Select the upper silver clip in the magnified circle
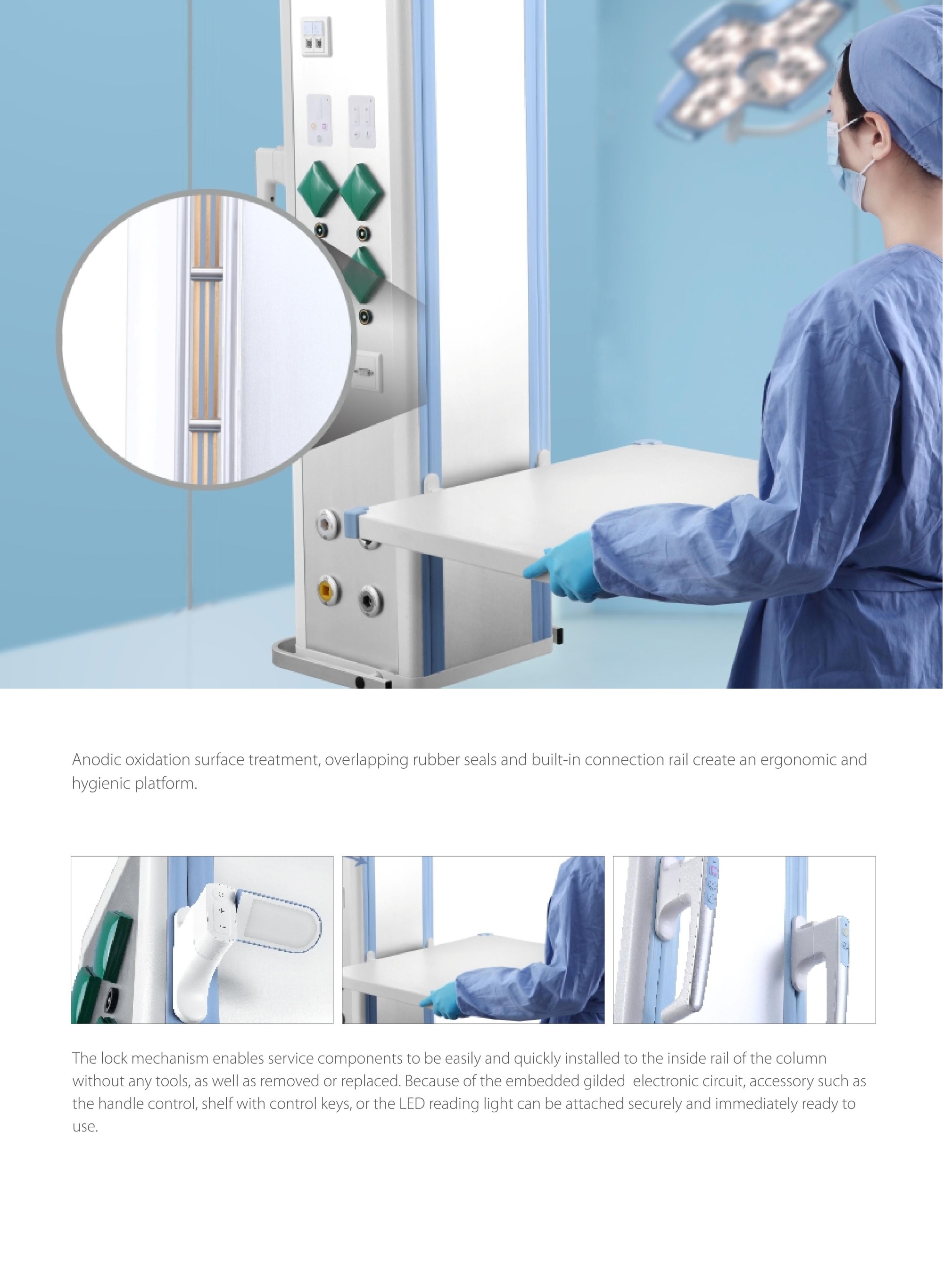pyautogui.click(x=206, y=276)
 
